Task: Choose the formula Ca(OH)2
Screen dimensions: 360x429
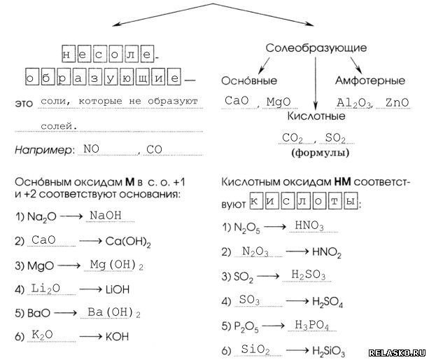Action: pos(129,242)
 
